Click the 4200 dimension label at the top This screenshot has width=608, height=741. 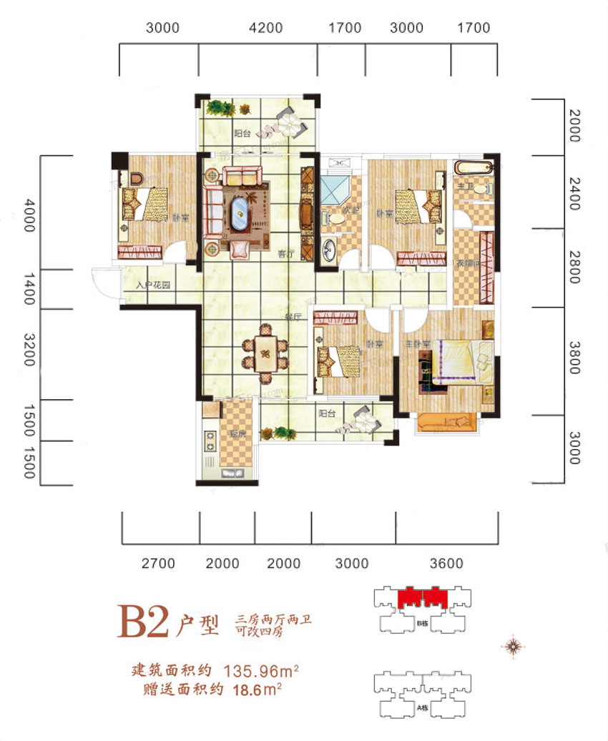266,29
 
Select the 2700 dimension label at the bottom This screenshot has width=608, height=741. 158,564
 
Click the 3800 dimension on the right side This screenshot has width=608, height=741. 573,356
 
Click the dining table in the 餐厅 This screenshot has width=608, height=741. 265,350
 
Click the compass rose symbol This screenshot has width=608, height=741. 513,646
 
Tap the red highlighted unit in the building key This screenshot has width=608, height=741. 422,597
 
